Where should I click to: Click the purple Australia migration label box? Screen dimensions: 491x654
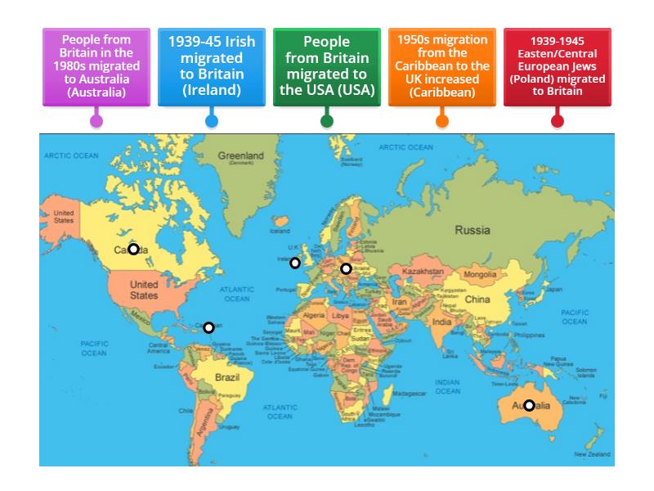point(96,65)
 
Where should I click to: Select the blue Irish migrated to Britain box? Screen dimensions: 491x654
point(212,65)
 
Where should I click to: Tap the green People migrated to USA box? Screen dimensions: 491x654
point(327,65)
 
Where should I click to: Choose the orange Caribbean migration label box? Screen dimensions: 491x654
point(442,65)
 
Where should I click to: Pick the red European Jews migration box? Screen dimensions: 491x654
point(558,65)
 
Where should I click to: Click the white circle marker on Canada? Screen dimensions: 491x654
point(133,249)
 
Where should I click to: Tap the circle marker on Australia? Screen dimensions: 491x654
point(530,405)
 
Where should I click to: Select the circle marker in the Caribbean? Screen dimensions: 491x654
point(208,327)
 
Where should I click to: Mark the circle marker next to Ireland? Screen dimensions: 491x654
point(295,263)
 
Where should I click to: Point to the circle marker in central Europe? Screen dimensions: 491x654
point(346,268)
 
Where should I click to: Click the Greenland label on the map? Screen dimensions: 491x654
point(240,155)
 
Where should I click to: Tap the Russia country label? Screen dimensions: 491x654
point(472,230)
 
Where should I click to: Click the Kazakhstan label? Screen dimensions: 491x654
point(423,271)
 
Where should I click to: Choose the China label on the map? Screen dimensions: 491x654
point(477,300)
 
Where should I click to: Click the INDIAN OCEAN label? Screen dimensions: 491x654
point(447,386)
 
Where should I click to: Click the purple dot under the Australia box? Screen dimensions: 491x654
point(96,121)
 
